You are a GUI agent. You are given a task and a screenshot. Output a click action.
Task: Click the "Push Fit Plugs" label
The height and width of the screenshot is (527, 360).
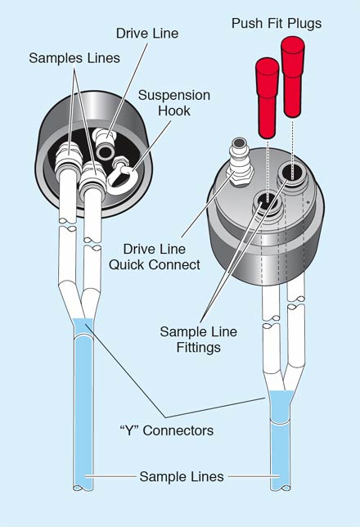[277, 24]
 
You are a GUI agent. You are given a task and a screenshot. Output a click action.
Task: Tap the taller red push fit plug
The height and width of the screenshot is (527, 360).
[293, 77]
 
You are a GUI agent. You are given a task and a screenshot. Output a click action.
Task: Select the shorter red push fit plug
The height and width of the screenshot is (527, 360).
[268, 98]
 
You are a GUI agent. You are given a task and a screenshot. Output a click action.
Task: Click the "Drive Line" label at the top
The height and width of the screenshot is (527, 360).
[147, 34]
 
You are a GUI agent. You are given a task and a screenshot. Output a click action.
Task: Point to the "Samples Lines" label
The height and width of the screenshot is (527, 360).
[74, 58]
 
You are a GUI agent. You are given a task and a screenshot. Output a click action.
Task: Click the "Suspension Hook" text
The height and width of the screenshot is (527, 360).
[174, 103]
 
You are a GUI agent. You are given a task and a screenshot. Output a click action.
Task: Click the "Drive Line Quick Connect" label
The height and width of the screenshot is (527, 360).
[155, 257]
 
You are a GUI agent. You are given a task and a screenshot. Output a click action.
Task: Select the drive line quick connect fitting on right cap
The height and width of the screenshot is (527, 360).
[240, 163]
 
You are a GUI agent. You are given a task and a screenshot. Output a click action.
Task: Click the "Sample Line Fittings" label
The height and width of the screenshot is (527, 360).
[198, 340]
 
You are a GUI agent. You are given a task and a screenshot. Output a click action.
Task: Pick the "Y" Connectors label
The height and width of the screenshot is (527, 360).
[167, 430]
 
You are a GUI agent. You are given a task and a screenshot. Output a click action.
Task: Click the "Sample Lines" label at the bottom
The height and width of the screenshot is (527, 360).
[182, 476]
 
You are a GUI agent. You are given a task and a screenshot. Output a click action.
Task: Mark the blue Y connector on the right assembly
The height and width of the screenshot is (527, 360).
[281, 406]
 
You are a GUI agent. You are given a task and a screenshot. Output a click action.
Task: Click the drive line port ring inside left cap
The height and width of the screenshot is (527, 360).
[105, 153]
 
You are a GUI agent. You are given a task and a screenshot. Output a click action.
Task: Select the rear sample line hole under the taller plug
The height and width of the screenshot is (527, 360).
[292, 173]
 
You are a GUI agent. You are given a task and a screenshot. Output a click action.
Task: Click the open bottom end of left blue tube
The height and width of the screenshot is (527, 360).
[83, 488]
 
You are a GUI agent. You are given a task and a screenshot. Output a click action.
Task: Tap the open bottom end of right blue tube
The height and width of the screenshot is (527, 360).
[281, 488]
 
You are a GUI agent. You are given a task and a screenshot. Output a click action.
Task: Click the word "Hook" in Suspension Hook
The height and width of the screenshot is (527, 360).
[174, 110]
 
